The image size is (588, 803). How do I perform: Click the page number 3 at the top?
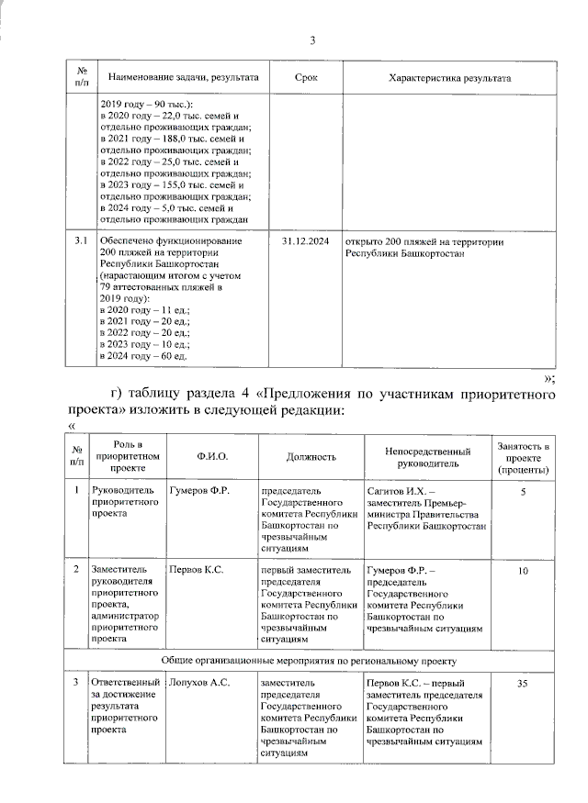pos(313,39)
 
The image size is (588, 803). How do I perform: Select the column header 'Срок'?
pos(307,78)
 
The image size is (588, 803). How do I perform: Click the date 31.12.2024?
pos(307,241)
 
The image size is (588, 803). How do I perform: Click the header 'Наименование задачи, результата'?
pos(183,78)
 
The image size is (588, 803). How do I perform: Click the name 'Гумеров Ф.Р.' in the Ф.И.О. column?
pos(198,491)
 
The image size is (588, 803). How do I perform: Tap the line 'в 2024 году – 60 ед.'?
pos(142,355)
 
